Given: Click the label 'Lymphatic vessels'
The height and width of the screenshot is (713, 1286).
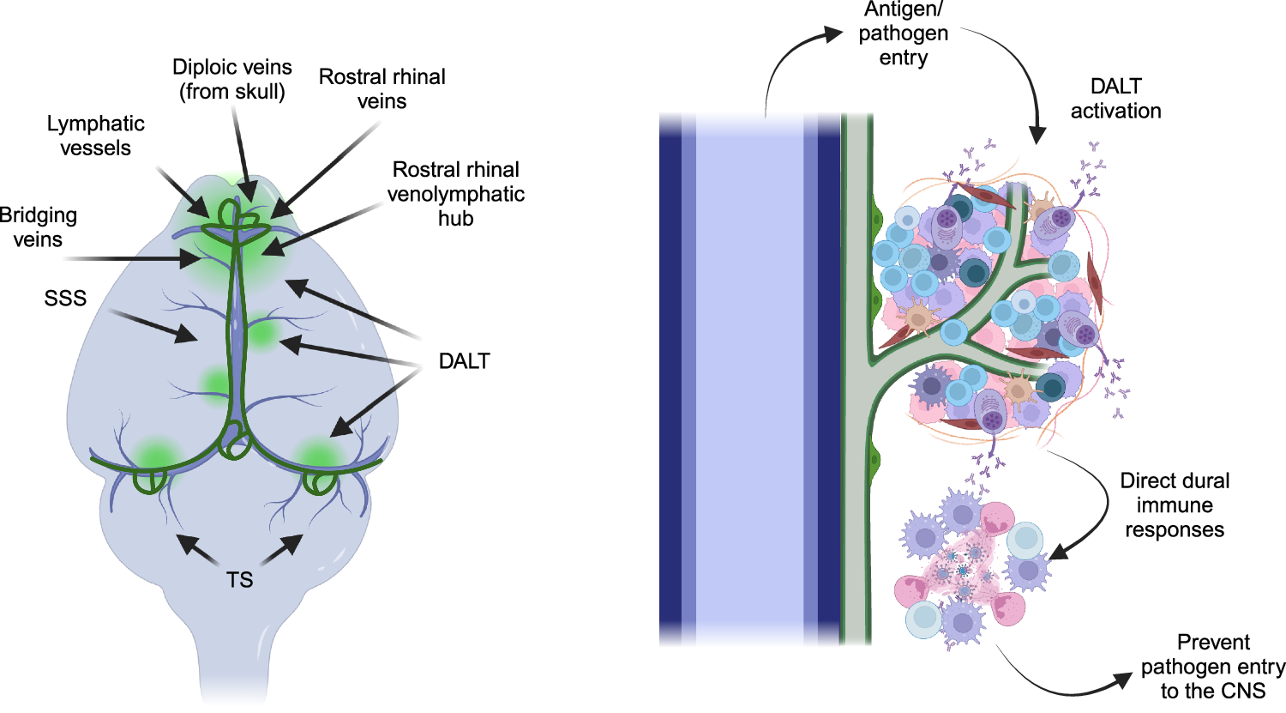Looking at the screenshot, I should pyautogui.click(x=95, y=136).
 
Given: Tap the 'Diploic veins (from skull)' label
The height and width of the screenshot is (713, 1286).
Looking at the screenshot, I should pyautogui.click(x=231, y=79).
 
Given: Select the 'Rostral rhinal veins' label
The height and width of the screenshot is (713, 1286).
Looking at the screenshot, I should pyautogui.click(x=382, y=89).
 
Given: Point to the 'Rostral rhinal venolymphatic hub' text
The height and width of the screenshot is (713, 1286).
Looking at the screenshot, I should pyautogui.click(x=455, y=194).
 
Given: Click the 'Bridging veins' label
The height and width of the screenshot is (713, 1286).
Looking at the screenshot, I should pyautogui.click(x=38, y=227).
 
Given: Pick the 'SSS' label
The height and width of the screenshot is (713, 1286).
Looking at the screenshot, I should pyautogui.click(x=65, y=299).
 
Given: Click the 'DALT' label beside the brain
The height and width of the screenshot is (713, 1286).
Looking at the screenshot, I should pyautogui.click(x=464, y=361).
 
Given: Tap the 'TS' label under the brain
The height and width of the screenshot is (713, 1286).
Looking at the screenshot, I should pyautogui.click(x=240, y=580).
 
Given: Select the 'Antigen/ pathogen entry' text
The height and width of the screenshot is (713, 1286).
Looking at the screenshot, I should pyautogui.click(x=903, y=33).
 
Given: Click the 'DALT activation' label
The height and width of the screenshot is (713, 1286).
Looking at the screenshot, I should pyautogui.click(x=1115, y=99).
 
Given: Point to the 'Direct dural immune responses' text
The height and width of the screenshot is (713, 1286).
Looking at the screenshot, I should pyautogui.click(x=1175, y=505).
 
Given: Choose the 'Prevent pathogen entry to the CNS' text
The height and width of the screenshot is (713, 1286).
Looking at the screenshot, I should pyautogui.click(x=1212, y=667).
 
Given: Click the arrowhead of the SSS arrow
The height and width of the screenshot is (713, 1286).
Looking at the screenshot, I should pyautogui.click(x=188, y=334).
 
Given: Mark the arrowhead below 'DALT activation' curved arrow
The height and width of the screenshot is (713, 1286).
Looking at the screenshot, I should pyautogui.click(x=1037, y=135).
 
